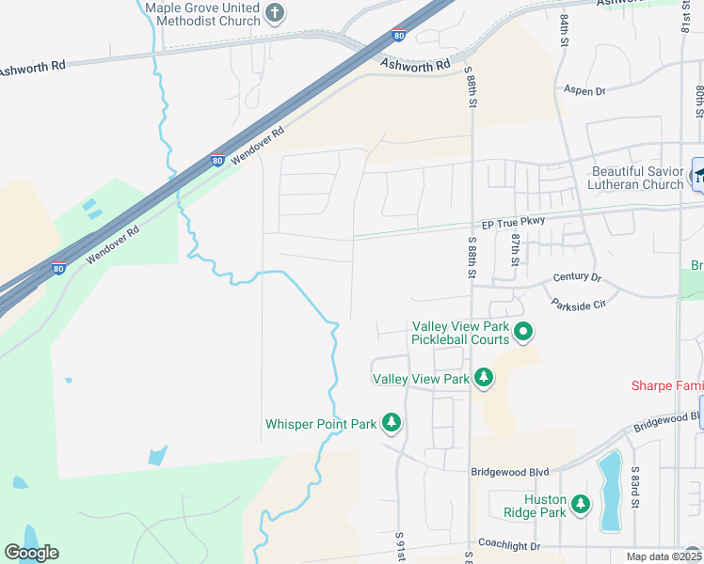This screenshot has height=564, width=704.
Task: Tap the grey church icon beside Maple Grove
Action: pyautogui.click(x=275, y=13)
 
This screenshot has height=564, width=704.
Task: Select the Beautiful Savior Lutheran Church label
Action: pyautogui.click(x=637, y=178)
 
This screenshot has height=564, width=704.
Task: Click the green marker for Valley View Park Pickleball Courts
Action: pyautogui.click(x=523, y=332)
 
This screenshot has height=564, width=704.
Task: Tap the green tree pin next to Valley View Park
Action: pyautogui.click(x=484, y=378)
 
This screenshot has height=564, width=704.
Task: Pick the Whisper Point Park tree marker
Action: pyautogui.click(x=392, y=424)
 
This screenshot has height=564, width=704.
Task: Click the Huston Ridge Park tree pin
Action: pyautogui.click(x=581, y=505)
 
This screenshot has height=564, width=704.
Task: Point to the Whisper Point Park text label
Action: pyautogui.click(x=321, y=424)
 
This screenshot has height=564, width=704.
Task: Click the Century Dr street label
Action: pyautogui.click(x=576, y=277)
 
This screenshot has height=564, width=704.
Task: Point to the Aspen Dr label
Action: pyautogui.click(x=584, y=91)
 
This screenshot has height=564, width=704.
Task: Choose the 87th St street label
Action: pyautogui.click(x=516, y=249)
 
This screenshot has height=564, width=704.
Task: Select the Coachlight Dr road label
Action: pyautogui.click(x=509, y=545)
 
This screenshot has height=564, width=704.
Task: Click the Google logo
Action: pyautogui.click(x=31, y=553)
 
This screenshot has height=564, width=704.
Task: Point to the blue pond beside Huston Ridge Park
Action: pyautogui.click(x=610, y=490)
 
